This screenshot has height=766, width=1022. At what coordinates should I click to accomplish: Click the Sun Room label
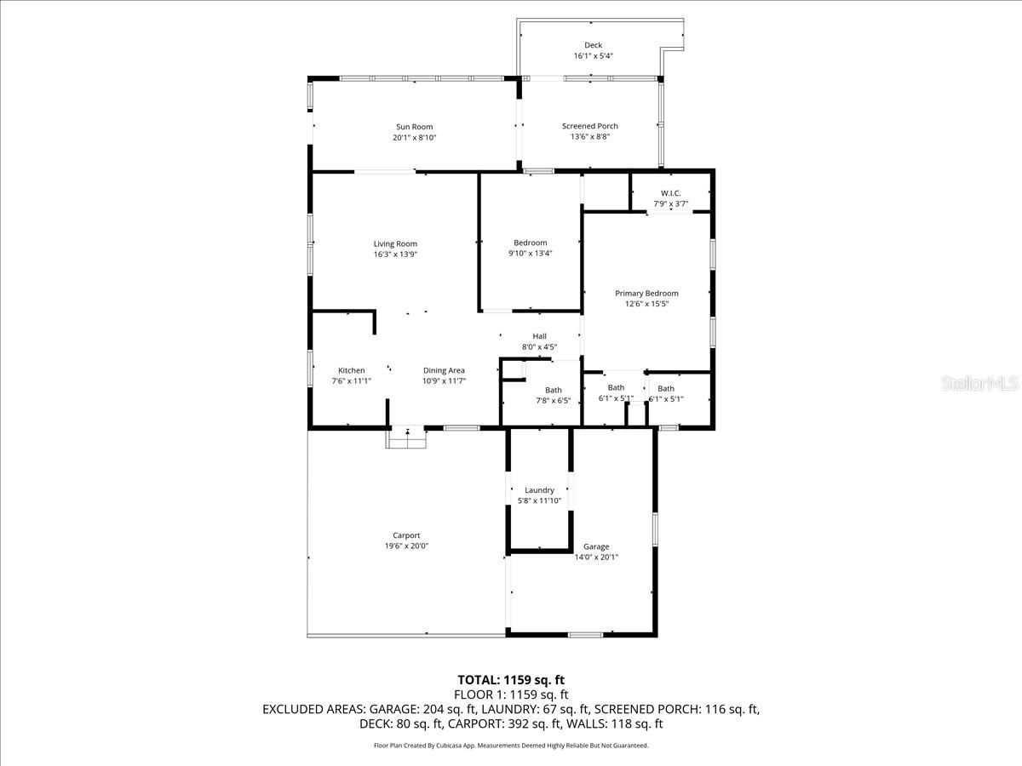414,127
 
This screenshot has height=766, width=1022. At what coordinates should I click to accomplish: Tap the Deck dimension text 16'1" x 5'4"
593,56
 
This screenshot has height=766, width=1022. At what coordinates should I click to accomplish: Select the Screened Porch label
589,126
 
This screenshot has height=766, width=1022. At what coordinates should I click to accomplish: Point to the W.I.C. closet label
670,193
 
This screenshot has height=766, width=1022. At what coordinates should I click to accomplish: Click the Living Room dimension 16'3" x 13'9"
394,254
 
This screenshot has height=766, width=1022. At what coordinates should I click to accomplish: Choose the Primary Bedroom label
646,294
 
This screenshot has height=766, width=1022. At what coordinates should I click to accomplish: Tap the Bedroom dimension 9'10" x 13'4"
530,253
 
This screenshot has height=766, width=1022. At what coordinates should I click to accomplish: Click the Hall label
539,336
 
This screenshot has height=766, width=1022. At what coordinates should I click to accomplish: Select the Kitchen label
351,370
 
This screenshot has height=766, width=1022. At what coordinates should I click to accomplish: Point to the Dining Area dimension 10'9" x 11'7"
444,381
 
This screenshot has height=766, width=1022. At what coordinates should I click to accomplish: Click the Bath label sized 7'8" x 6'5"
553,390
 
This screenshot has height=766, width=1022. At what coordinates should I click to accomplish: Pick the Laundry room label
539,490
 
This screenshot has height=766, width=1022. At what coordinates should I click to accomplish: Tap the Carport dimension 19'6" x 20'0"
406,546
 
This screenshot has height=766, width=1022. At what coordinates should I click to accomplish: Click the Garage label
595,546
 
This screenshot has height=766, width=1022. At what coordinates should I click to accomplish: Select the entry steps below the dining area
406,438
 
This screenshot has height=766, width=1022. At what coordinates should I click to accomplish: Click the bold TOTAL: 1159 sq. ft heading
511,680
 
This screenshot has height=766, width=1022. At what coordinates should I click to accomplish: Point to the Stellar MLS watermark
979,385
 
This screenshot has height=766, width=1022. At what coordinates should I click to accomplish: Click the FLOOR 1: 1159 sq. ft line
511,695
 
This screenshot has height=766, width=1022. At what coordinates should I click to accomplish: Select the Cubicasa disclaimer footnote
511,746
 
